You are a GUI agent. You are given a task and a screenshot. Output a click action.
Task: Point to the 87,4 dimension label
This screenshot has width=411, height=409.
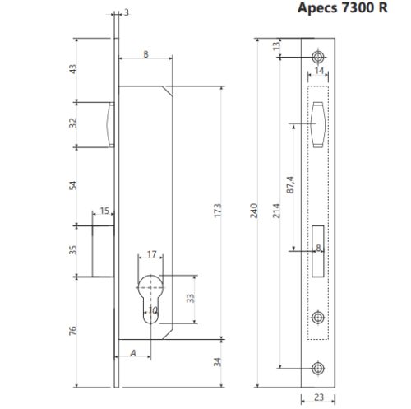288,187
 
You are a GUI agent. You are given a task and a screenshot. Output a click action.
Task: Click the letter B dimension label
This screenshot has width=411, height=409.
145,53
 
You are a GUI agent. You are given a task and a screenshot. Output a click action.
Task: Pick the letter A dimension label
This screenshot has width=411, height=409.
132,353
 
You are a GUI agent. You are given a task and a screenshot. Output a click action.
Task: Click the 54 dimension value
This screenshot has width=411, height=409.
72,185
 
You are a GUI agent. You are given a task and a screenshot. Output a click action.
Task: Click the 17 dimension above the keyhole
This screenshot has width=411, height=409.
150,254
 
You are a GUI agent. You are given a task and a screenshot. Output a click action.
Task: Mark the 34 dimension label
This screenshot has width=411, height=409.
217,362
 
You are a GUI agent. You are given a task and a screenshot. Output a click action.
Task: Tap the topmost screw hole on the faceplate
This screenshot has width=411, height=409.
319,56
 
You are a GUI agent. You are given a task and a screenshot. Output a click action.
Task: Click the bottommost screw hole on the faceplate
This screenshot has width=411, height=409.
319,368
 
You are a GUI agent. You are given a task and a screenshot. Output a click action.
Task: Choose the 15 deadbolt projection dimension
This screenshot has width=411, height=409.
104,211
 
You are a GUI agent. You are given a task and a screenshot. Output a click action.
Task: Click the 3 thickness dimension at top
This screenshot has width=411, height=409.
126,12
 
